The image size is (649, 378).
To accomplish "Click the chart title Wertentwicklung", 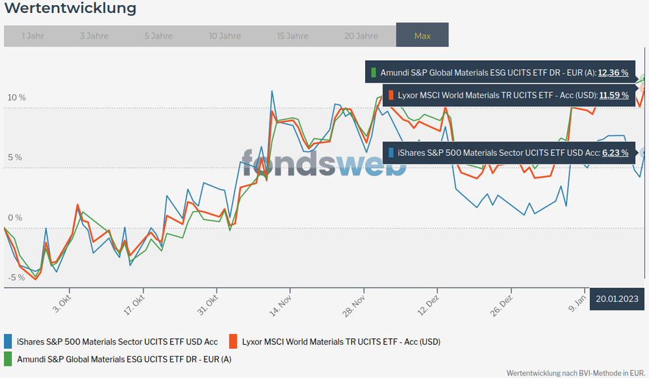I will (70, 8).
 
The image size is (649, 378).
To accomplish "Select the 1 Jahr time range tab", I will (32, 36).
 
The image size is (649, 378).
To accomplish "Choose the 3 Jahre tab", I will (94, 36).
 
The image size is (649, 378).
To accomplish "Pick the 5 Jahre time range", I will (159, 36).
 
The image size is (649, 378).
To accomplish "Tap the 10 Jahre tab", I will (225, 36).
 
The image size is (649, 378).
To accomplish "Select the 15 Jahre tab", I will (292, 36).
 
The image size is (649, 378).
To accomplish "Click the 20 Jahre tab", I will (361, 36).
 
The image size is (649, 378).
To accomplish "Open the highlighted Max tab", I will (422, 36).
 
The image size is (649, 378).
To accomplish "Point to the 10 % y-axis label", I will (16, 97).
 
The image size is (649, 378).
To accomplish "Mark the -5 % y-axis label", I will (16, 277).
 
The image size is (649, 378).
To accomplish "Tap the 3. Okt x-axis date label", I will (62, 303).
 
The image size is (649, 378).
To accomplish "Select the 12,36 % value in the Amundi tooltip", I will (613, 73).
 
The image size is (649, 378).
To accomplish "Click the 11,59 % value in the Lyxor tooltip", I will (614, 95).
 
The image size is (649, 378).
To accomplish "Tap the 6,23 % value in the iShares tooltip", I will (614, 153).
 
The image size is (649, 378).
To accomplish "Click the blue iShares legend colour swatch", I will (8, 341).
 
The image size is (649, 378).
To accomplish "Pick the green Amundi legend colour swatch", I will (8, 359).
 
